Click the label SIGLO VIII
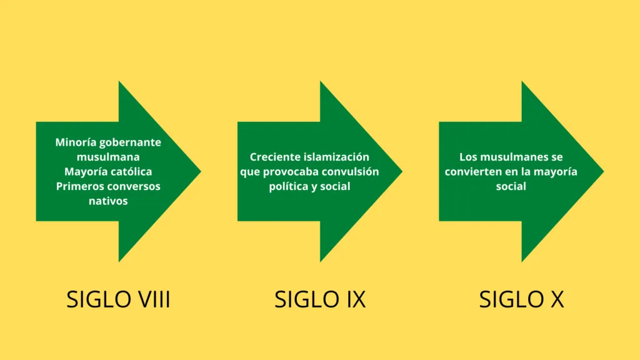click(x=118, y=299)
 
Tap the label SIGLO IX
click(x=320, y=299)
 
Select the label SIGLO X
click(x=521, y=299)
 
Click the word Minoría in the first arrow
click(x=76, y=142)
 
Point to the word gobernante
click(x=130, y=143)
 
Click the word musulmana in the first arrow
click(x=108, y=157)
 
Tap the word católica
click(x=129, y=171)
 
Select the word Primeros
click(x=76, y=186)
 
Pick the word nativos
click(x=108, y=201)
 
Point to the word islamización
click(x=334, y=157)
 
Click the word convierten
click(x=473, y=171)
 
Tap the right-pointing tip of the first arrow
click(x=201, y=171)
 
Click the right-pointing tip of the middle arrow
click(x=402, y=171)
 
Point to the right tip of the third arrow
click(x=604, y=171)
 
